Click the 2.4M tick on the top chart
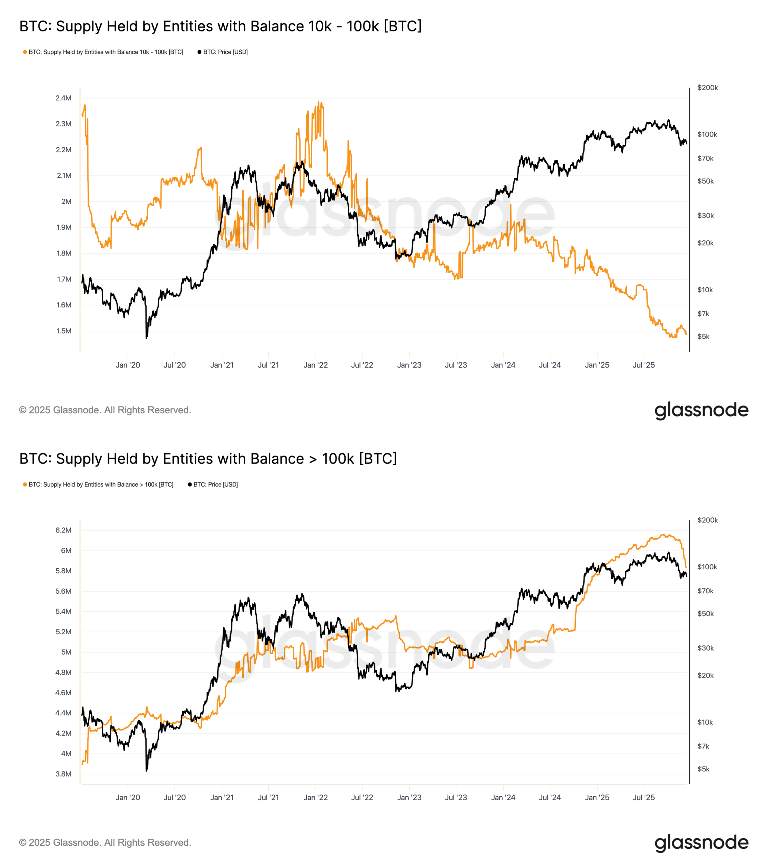pos(64,98)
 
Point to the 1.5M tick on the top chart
pos(64,331)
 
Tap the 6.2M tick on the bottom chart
pos(64,530)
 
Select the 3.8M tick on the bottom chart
pos(64,774)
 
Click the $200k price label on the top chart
pos(708,88)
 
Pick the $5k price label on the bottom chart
pos(703,769)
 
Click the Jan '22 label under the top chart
pos(315,365)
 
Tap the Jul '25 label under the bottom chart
pos(643,797)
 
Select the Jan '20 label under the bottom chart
pos(128,797)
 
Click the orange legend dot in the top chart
pos(25,52)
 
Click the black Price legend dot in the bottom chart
pos(190,485)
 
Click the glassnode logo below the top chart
pos(701,410)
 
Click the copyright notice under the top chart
pos(105,410)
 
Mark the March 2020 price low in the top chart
pos(146,338)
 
